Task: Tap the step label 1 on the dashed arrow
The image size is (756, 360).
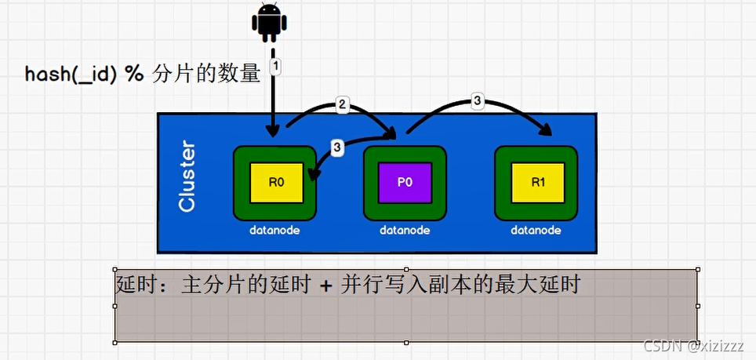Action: [x=275, y=67]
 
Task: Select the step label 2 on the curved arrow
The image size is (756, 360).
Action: [x=342, y=104]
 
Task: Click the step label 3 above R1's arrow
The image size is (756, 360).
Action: [x=478, y=100]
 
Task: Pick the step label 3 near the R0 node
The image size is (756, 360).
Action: [x=337, y=147]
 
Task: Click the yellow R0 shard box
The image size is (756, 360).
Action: [x=275, y=183]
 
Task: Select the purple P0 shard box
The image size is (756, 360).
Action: [x=405, y=183]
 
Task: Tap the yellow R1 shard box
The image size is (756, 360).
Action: [x=537, y=183]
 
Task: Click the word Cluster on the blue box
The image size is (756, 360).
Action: [x=187, y=176]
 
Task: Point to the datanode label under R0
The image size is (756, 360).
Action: [x=274, y=231]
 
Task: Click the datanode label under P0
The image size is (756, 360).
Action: [x=405, y=231]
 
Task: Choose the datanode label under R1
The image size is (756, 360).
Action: [x=536, y=231]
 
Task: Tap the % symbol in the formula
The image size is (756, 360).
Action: [x=135, y=75]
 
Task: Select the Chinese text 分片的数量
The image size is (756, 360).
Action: [x=204, y=75]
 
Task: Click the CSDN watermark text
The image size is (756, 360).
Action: [x=660, y=345]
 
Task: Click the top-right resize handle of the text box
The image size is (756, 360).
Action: [x=697, y=270]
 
